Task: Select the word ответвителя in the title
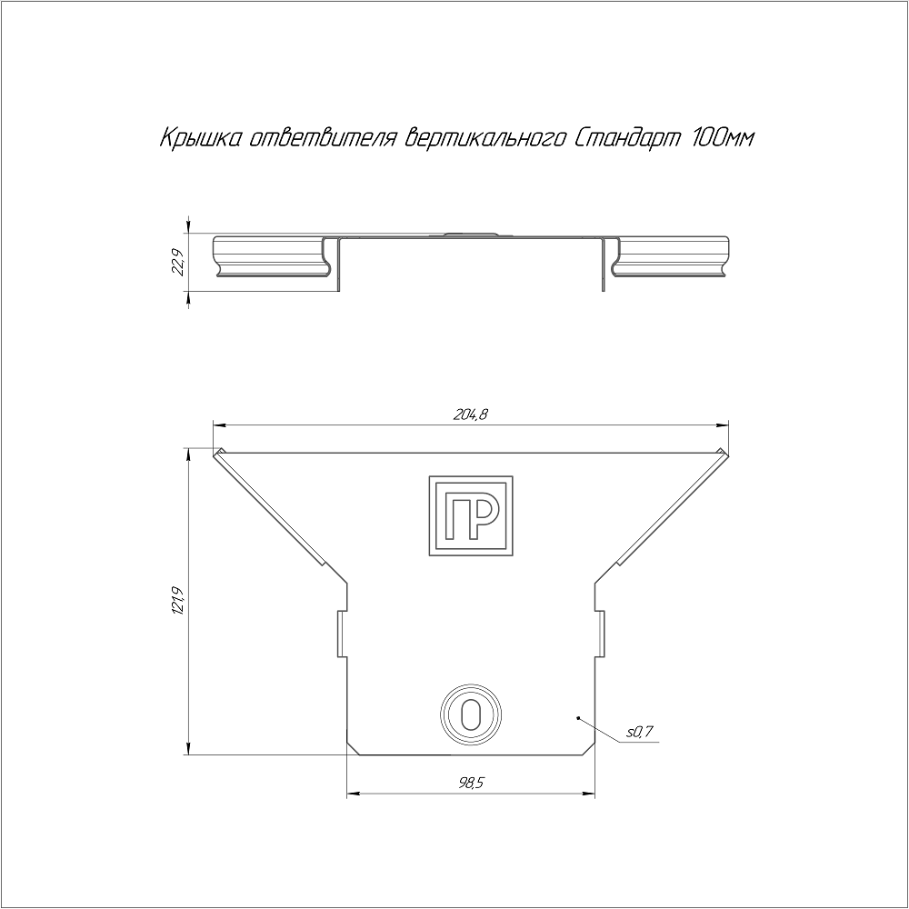pyautogui.click(x=323, y=138)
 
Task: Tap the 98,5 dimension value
pyautogui.click(x=471, y=784)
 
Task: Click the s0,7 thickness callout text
pyautogui.click(x=639, y=732)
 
